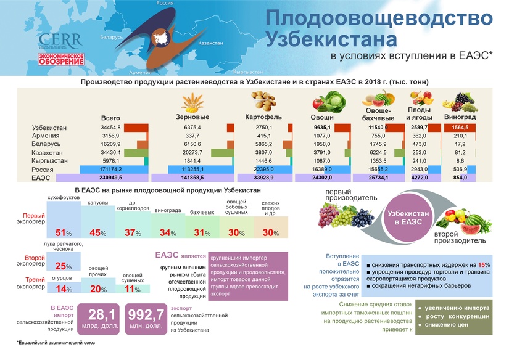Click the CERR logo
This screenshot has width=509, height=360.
(59, 41)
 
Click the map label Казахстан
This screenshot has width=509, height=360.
(210, 44)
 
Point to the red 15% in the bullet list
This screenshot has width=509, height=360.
(483, 265)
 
